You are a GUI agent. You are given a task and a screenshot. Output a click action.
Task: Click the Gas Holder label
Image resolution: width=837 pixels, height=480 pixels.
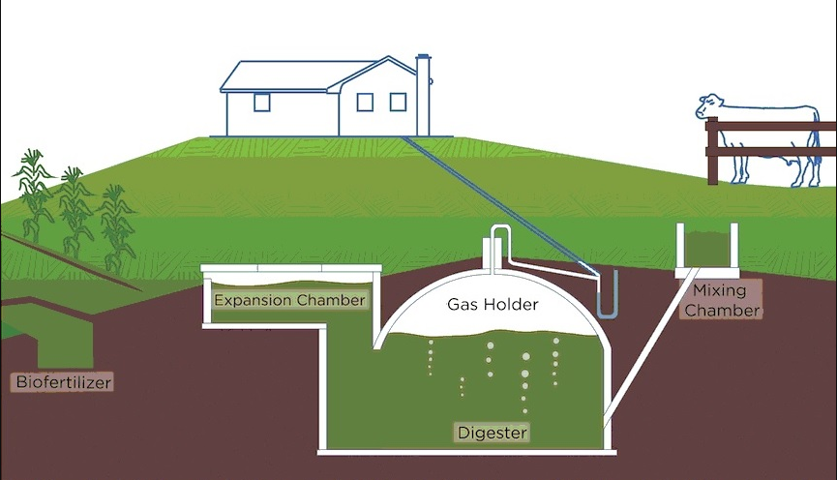(x=493, y=304)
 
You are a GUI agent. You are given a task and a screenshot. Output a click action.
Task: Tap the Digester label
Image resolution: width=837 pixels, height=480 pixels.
(x=493, y=432)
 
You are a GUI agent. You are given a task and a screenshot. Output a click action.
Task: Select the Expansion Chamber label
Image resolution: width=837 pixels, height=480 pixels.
(x=290, y=300)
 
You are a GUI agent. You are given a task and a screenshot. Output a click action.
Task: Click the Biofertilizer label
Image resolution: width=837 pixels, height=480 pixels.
(x=64, y=381)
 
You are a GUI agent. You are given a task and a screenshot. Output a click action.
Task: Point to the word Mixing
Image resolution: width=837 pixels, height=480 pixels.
(x=719, y=291)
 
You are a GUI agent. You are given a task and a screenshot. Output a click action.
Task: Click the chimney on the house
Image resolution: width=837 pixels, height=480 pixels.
(x=423, y=95)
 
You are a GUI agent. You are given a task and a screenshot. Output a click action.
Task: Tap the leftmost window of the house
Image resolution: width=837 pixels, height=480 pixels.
(x=261, y=102)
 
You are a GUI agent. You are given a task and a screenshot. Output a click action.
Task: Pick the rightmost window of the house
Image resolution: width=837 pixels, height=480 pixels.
(x=398, y=102)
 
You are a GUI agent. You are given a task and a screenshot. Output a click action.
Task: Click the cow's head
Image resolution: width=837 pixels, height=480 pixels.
(x=709, y=106)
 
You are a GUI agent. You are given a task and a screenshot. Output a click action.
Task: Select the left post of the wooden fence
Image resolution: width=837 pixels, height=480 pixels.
(x=712, y=151)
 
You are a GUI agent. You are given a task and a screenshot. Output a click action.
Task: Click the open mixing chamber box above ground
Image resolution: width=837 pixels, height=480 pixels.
(x=706, y=250)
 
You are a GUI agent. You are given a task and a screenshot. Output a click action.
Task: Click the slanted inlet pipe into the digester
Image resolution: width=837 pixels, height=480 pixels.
(x=651, y=346)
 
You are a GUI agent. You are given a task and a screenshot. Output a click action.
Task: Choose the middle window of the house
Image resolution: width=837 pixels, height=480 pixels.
(x=365, y=102)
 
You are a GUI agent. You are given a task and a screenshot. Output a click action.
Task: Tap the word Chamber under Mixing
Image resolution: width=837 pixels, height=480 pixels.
(x=722, y=311)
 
